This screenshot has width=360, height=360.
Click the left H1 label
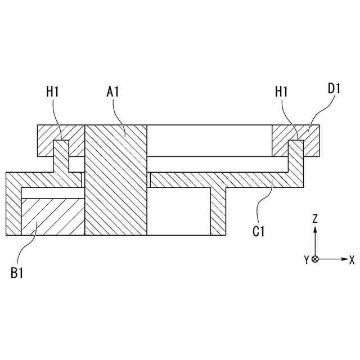pos(53,92)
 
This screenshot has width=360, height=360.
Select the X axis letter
pos(352,259)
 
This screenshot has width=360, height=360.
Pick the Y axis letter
pos(307,259)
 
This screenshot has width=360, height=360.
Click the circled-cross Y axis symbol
pos(315,259)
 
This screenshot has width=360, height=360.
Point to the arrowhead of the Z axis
pos(316,229)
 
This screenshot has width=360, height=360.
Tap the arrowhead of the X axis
pos(343,259)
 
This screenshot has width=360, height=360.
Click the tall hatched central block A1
pos(115,180)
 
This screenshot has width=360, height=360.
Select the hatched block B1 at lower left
pos(52,217)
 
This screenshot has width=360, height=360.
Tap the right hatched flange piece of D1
pos(312,141)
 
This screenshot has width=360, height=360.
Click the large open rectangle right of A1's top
pos(209,140)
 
